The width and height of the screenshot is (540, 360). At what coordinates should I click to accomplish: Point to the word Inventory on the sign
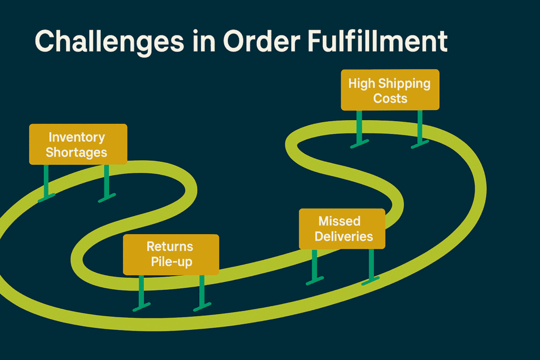(76, 137)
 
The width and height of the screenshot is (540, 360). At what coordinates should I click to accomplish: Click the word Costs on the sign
(390, 98)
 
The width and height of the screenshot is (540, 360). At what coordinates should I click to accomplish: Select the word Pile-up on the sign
(170, 261)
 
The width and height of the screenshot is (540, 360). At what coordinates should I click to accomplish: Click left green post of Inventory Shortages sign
(46, 182)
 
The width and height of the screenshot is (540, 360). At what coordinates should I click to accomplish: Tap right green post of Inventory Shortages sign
(107, 182)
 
